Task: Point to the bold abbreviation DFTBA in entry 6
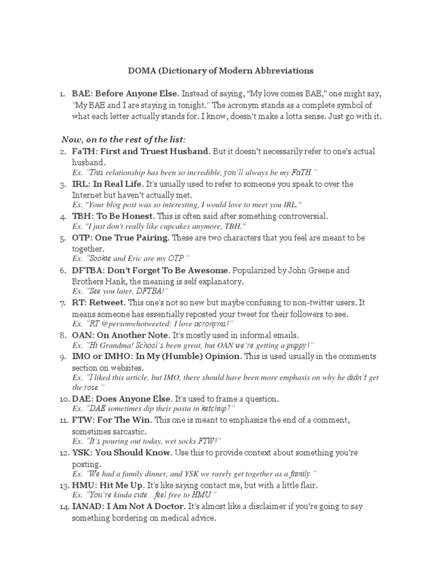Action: pyautogui.click(x=87, y=270)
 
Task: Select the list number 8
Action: pyautogui.click(x=64, y=335)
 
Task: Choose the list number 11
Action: pyautogui.click(x=63, y=421)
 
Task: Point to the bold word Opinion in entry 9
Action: pyautogui.click(x=220, y=357)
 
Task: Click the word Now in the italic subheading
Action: pyautogui.click(x=71, y=139)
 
